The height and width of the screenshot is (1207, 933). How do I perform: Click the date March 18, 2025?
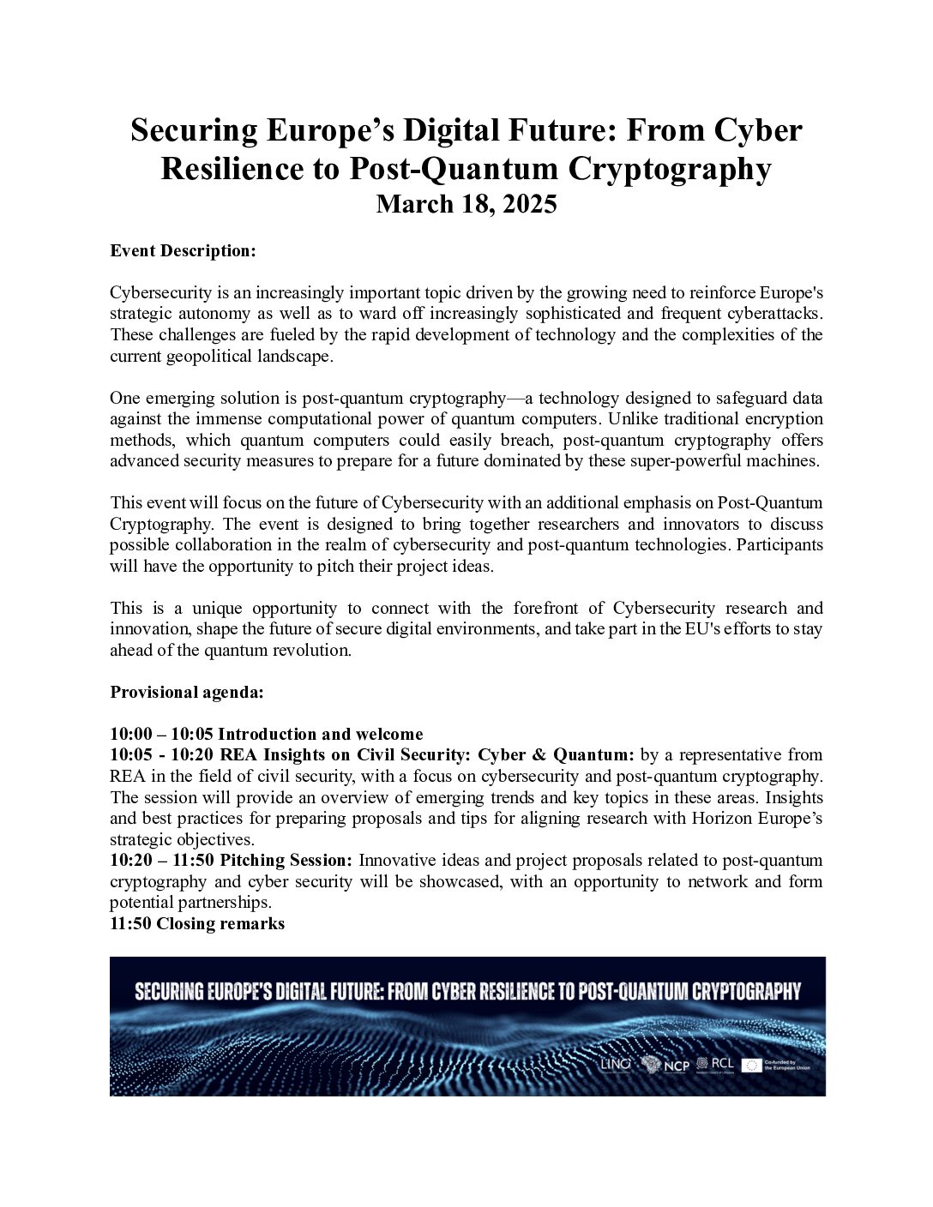click(x=466, y=205)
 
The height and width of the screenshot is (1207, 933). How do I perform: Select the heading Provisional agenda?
click(x=187, y=693)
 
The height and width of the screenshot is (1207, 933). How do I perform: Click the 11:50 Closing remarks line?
click(x=197, y=923)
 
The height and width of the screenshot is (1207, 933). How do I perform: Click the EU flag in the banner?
click(x=752, y=1065)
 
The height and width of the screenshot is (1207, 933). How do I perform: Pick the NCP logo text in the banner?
click(x=676, y=1066)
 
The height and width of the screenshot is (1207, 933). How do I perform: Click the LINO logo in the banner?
click(x=616, y=1064)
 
